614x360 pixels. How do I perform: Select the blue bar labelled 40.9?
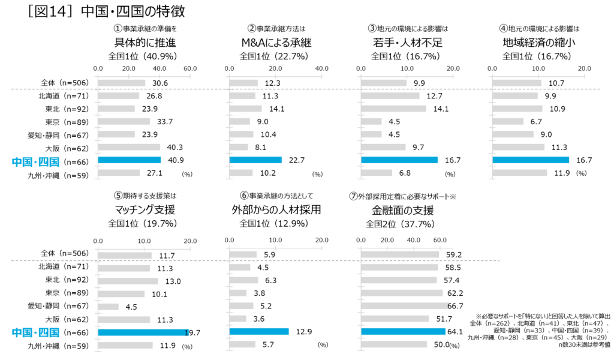129,160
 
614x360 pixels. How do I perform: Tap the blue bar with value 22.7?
255,160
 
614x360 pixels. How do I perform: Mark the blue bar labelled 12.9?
259,332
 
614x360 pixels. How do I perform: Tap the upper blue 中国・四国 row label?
35,161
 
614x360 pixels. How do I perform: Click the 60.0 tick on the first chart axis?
189,68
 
